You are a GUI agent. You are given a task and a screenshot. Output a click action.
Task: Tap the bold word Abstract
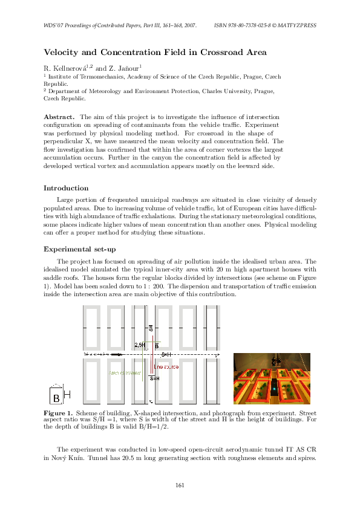pos(59,116)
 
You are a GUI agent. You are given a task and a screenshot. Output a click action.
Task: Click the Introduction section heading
pos(67,188)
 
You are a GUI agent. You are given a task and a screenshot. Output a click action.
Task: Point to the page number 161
pos(180,485)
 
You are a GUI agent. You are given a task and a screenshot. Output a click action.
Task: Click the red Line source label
pos(164,367)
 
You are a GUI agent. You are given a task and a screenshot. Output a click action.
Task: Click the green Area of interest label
pos(124,373)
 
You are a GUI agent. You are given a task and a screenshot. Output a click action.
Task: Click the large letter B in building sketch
pos(56,398)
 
